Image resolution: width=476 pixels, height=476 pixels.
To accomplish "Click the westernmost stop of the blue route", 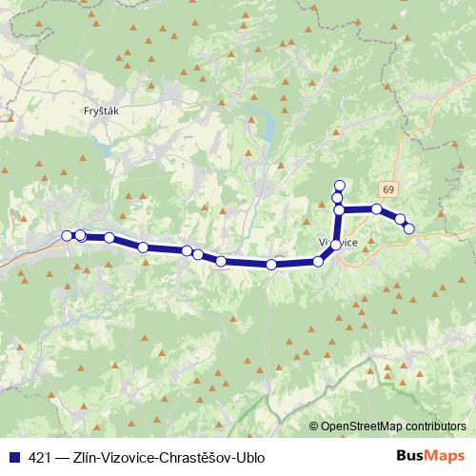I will [67, 236].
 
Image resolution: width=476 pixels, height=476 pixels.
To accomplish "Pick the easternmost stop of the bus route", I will [409, 228].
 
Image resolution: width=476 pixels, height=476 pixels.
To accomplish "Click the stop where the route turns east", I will [339, 209].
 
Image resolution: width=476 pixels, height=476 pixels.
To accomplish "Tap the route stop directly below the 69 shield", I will [377, 209].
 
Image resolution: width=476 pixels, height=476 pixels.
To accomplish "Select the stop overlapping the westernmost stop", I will [81, 235].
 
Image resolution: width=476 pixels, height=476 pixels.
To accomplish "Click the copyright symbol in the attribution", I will [313, 426].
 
